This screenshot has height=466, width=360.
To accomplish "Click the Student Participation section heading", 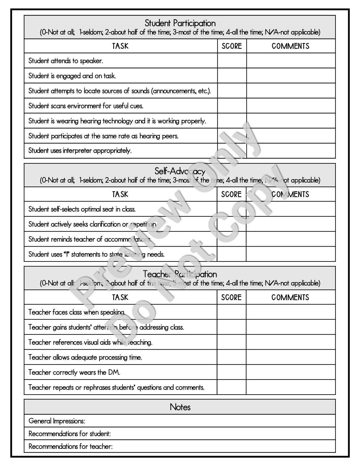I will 180,23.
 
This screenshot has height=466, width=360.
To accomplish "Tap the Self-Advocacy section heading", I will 180,171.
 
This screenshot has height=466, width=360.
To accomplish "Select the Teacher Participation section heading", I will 180,274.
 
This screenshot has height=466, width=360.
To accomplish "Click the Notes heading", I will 180,407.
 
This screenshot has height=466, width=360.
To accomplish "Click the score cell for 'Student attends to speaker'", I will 232,60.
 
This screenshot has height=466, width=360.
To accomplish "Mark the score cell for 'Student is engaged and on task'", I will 232,76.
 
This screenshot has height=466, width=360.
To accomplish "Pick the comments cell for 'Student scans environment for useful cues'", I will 291,106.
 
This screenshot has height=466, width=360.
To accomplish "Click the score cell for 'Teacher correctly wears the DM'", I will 232,372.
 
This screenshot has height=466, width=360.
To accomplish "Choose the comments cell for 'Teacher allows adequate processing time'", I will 291,357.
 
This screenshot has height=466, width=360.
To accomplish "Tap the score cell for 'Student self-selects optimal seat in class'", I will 232,209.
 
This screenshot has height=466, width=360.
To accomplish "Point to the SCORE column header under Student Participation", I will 232,46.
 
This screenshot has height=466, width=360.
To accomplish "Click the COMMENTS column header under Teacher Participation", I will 290,297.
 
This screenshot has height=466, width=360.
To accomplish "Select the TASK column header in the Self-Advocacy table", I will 120,194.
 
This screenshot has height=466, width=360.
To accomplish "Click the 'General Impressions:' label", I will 57,421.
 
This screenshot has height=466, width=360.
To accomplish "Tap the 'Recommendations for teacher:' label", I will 71,447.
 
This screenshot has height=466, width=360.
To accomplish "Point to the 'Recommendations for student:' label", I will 70,434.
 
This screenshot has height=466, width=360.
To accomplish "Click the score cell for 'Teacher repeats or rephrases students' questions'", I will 232,387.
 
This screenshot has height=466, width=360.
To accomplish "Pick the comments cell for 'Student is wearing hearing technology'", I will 291,121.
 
